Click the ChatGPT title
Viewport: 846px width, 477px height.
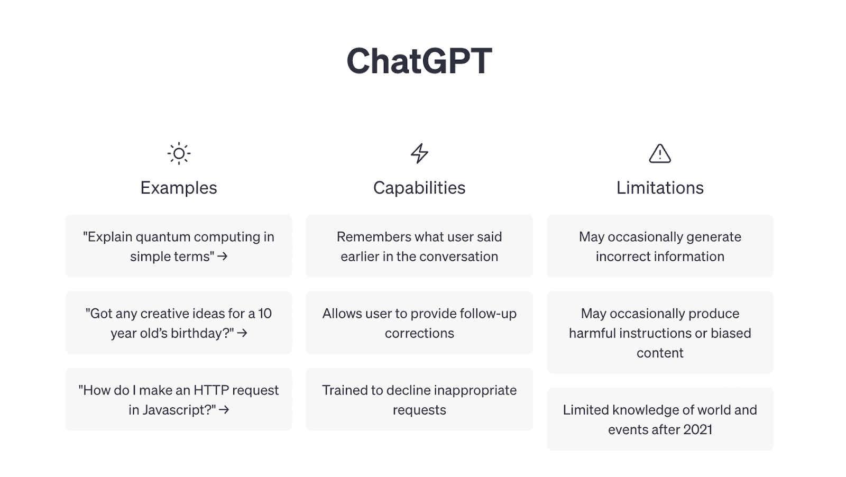point(419,61)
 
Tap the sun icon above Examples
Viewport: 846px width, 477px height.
point(179,154)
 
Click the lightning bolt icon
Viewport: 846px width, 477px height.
point(419,153)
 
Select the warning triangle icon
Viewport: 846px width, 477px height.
point(659,154)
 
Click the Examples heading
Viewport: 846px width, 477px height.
point(179,188)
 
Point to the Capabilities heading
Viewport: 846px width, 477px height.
point(419,188)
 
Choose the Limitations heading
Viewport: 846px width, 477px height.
point(659,188)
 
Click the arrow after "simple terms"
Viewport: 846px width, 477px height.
point(223,256)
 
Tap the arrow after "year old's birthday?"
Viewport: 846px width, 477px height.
point(242,333)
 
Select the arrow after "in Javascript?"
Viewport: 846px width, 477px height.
point(224,410)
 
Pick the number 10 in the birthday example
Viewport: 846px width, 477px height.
point(265,314)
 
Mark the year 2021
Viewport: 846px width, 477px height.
point(697,429)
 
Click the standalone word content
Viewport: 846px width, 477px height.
point(659,353)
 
